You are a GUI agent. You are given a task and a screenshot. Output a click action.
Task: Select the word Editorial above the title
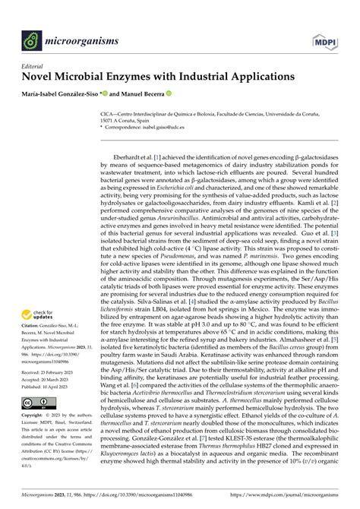point(33,66)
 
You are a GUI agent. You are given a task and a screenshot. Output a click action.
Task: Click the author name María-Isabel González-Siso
point(65,95)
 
